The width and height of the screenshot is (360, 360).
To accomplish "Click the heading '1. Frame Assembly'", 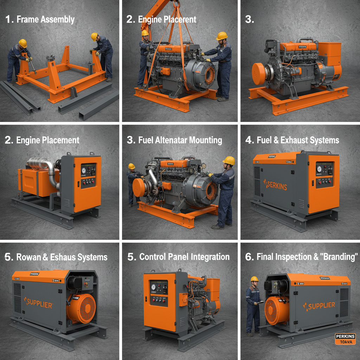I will coord(40,19).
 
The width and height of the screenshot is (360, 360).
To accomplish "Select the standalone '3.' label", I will coord(249,19).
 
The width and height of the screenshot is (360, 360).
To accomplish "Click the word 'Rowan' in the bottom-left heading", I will coord(29,257).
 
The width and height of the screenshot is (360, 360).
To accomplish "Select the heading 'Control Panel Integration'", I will coord(178,257).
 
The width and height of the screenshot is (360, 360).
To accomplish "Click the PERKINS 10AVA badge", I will coord(345,339).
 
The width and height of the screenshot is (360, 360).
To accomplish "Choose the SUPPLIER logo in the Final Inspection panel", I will coord(319,306).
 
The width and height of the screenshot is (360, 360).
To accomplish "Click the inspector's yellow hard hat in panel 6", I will coord(255,279).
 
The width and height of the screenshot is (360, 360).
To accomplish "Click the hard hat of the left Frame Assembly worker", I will coord(23,43).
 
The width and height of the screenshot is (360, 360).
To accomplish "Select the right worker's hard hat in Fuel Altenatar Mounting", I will coord(229,160).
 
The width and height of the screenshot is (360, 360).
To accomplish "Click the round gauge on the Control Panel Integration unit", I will coord(154,287).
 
